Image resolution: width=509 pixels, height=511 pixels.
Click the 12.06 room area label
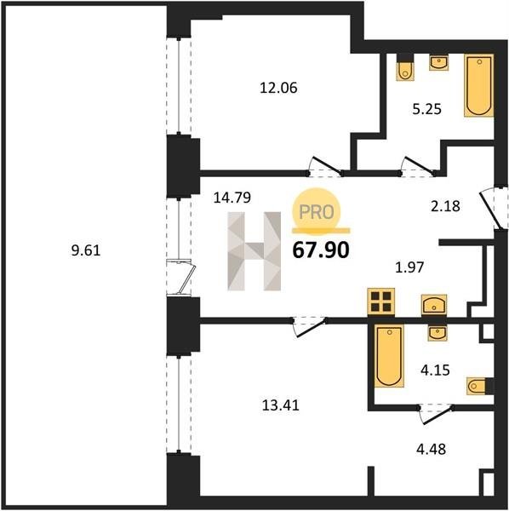point(278,88)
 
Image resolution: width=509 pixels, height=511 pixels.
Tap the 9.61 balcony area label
point(86,250)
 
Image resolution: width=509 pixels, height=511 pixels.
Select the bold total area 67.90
point(321,250)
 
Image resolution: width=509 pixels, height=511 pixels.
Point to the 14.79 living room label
point(232,198)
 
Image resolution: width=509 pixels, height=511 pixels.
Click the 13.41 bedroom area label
point(281,405)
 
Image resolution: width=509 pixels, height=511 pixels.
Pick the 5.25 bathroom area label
point(427,109)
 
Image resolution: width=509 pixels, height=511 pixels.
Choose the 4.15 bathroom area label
point(436,370)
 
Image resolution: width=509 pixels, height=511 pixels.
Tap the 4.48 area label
point(432,449)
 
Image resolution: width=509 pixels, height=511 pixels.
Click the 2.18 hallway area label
point(445,206)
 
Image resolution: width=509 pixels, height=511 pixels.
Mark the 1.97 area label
point(409,267)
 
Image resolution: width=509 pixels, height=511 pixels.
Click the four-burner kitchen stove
point(381,301)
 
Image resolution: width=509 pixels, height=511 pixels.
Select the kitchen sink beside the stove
point(434,305)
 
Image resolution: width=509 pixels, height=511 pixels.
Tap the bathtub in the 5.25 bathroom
point(478,85)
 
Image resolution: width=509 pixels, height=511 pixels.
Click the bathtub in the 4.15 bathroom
point(389,356)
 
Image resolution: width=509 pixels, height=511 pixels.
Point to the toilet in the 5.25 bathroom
point(405,68)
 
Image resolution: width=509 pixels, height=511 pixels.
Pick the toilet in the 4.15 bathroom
point(480,386)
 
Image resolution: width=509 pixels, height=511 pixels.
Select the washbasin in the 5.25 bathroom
point(439,62)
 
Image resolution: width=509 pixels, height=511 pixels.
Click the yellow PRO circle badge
point(317,212)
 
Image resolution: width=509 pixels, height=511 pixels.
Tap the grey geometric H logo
point(254,251)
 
